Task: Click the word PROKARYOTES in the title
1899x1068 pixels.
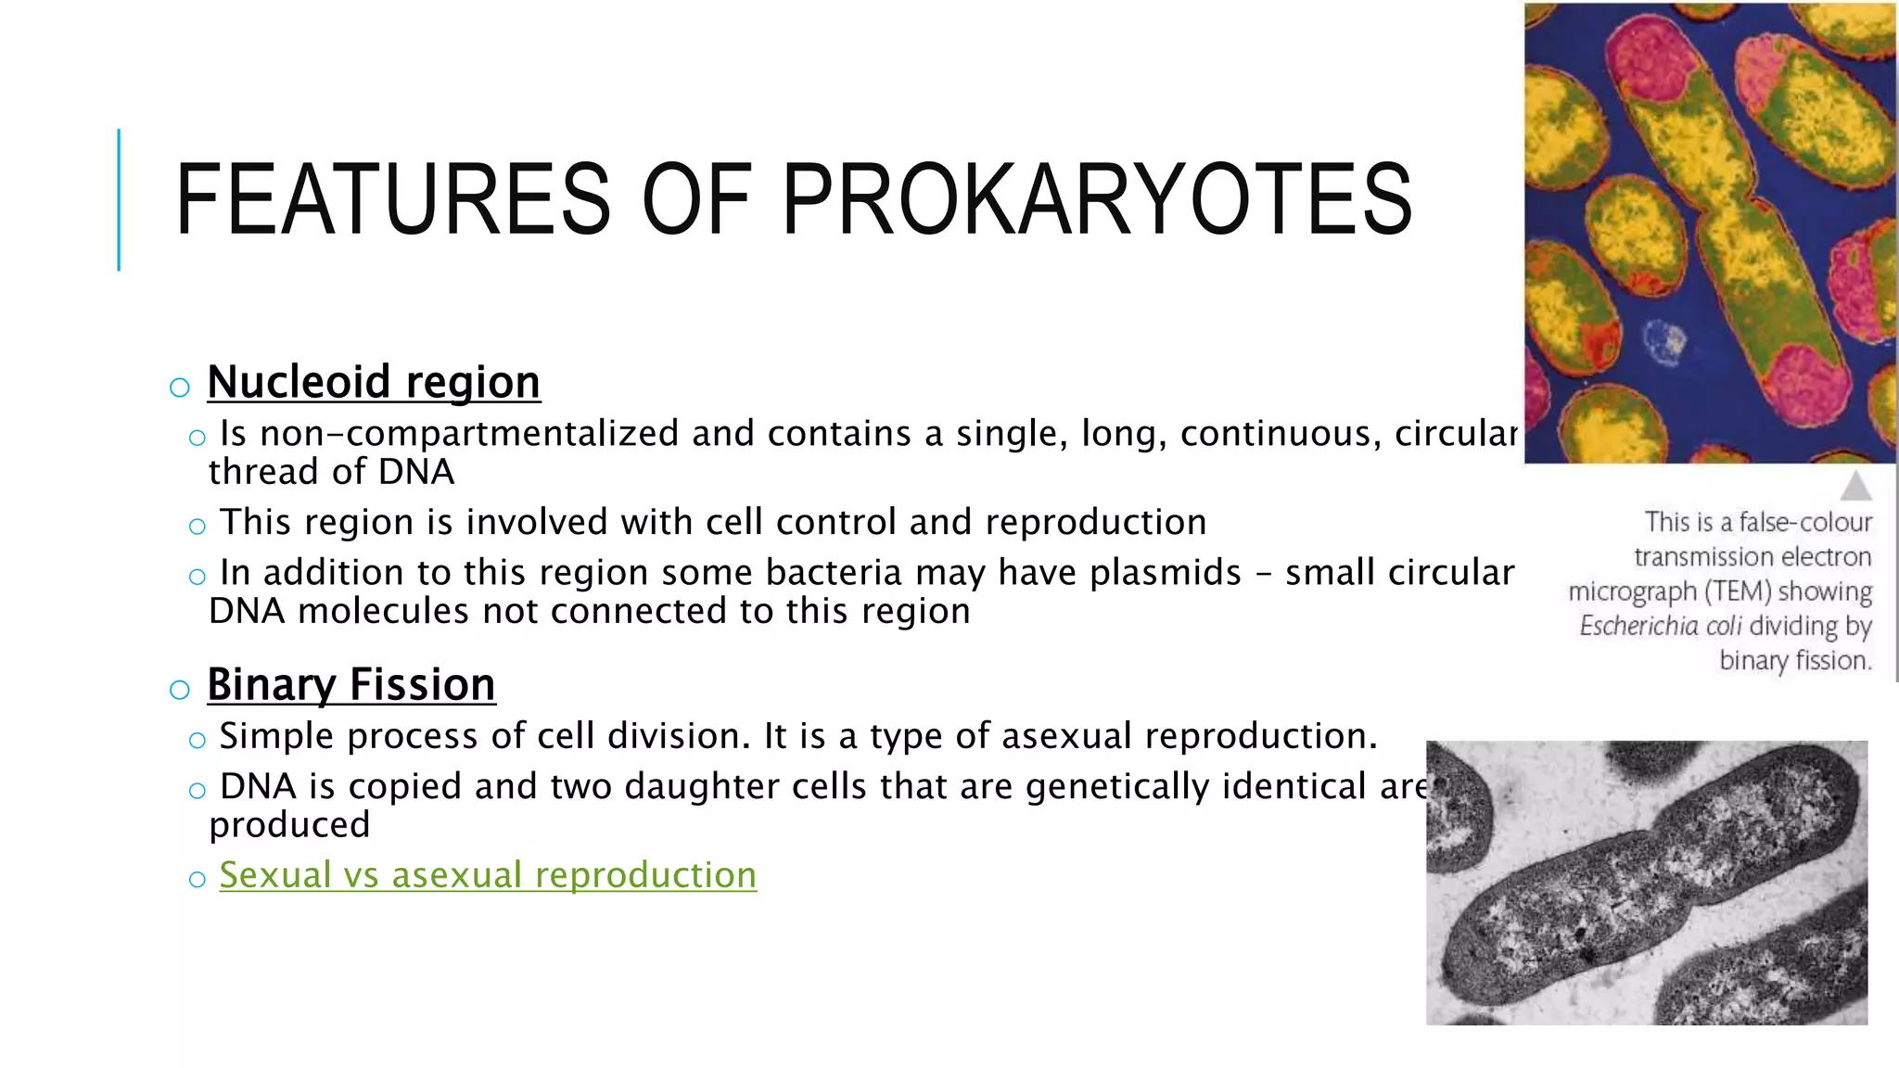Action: [x=1097, y=200]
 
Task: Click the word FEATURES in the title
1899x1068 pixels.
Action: [x=392, y=200]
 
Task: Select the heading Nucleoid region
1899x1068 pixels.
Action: [x=374, y=382]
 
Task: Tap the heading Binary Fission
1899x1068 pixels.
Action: [x=351, y=685]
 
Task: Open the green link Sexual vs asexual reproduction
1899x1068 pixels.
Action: [x=488, y=875]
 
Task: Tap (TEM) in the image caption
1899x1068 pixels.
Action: [x=1738, y=591]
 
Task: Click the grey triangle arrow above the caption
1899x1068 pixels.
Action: [x=1855, y=486]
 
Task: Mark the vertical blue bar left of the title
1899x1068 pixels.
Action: [x=119, y=199]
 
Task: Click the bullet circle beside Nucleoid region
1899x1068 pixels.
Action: [x=180, y=387]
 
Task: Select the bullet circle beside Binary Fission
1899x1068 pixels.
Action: [x=180, y=689]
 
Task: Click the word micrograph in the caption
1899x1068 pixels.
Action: [x=1631, y=591]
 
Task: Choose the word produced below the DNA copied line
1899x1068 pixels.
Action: [x=289, y=825]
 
